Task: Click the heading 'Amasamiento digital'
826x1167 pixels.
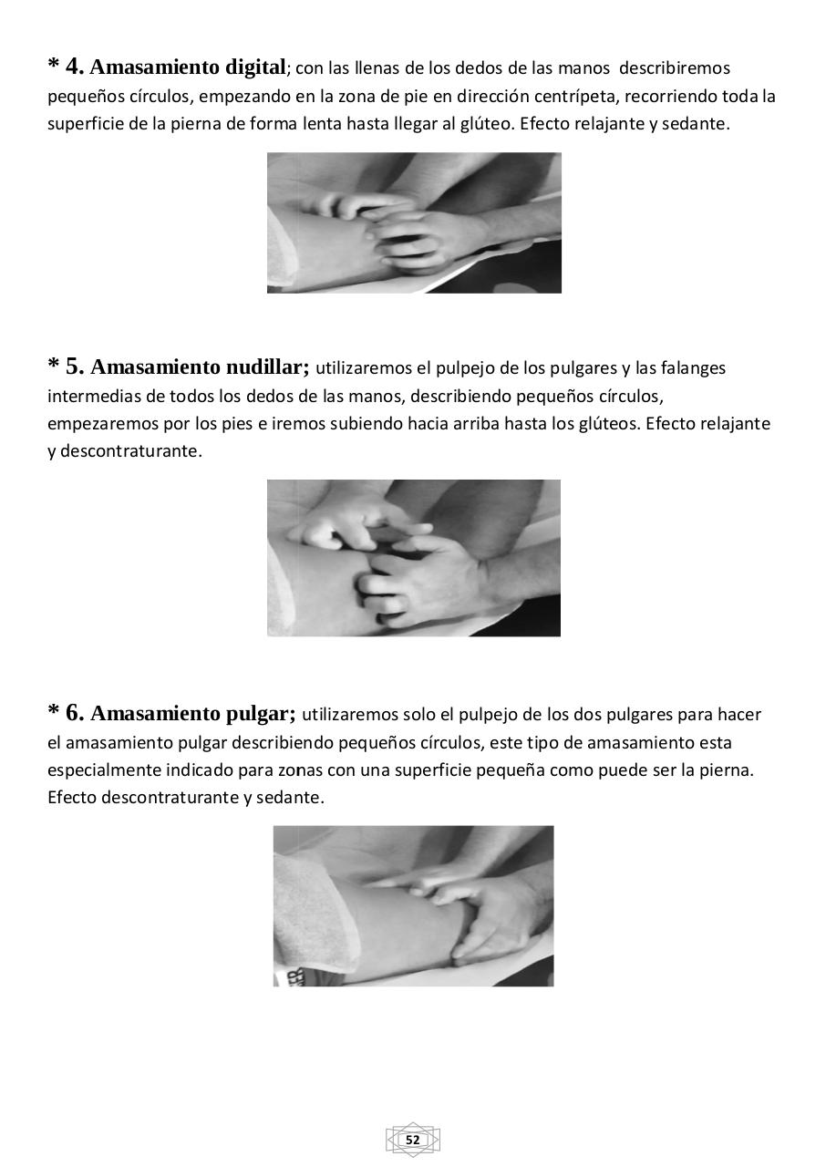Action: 189,67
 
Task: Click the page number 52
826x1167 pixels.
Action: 413,1141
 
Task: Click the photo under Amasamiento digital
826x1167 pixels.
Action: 414,222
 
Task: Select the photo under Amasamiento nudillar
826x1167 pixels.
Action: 414,558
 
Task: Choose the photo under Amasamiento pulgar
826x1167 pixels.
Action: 414,905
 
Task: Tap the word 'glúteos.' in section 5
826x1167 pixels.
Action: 609,424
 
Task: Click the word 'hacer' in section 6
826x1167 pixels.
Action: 739,715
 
